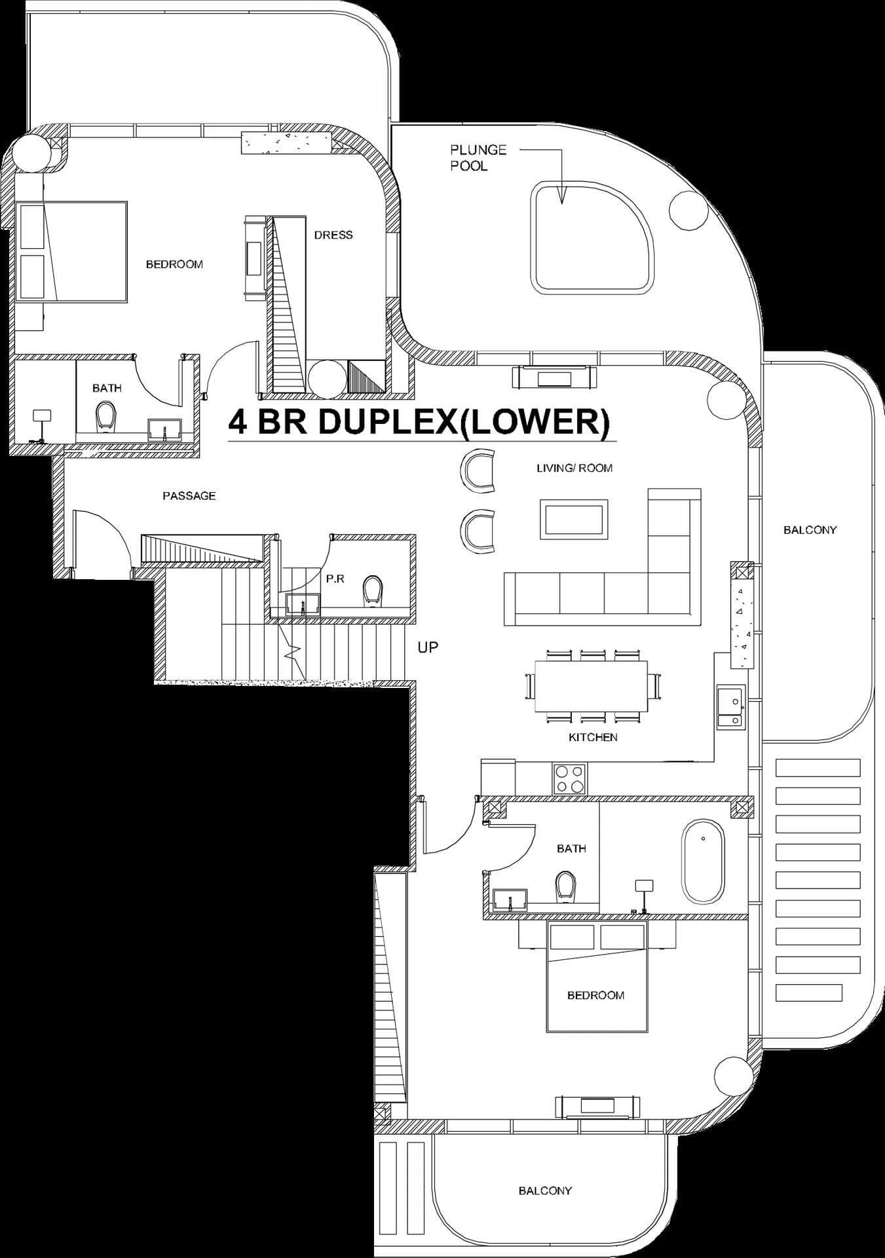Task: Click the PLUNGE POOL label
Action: coord(478,158)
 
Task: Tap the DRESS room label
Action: coord(333,235)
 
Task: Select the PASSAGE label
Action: coord(189,496)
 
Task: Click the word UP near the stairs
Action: coord(428,647)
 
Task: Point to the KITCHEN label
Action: coord(593,737)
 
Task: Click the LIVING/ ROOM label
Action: coord(574,468)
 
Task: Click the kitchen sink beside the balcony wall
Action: coord(730,707)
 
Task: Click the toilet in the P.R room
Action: coord(372,590)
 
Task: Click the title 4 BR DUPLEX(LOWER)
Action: coord(419,423)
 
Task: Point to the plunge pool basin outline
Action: coord(592,237)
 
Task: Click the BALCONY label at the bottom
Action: coord(545,1191)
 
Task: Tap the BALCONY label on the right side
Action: coord(810,530)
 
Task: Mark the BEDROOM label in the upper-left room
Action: coord(174,264)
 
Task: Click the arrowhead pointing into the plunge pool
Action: coord(561,196)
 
